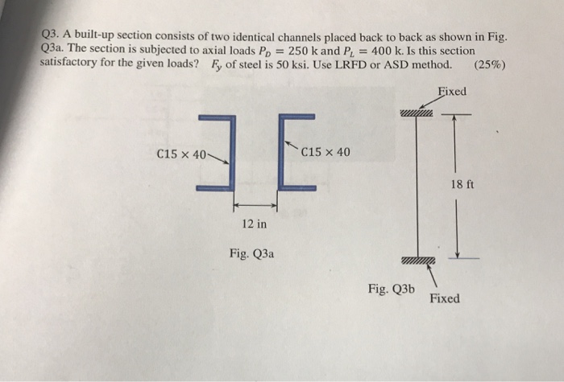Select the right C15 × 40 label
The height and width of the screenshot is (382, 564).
tap(326, 152)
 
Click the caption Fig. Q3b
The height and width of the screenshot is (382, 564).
tap(391, 288)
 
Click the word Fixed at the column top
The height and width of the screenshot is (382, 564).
tap(450, 92)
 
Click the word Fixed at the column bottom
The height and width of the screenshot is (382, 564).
tap(445, 298)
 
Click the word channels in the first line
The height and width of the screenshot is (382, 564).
tap(319, 36)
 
